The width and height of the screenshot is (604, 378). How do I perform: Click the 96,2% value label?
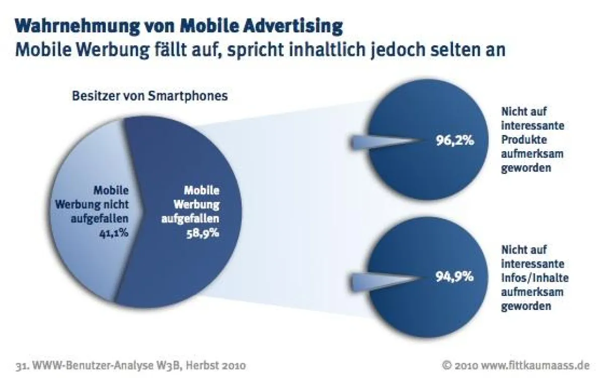(455, 142)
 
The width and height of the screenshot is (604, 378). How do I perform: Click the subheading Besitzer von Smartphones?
(149, 95)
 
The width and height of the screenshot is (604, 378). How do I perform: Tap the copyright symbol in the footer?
(446, 364)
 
